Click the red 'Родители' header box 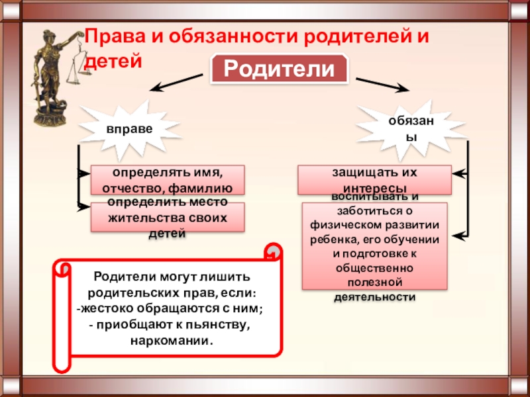click(x=280, y=69)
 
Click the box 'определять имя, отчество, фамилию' click(x=167, y=180)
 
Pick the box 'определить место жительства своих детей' click(x=167, y=217)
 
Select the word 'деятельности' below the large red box click(x=374, y=297)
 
